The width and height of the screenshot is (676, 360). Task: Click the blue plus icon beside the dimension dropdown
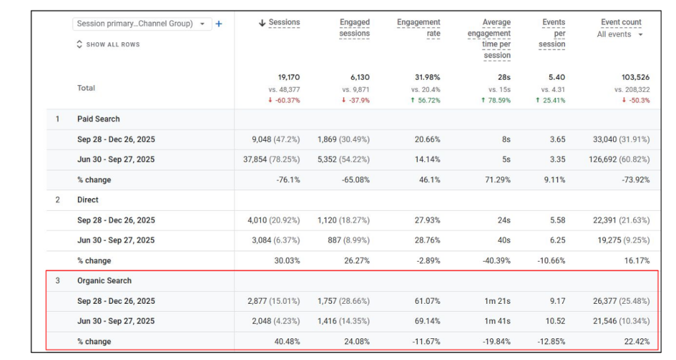[x=219, y=24]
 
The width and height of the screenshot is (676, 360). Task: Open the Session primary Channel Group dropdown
[x=142, y=24]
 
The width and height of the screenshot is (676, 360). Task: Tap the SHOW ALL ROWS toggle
[x=108, y=44]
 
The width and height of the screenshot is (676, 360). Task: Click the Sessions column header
[x=279, y=22]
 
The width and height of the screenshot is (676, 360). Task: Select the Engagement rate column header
[x=419, y=28]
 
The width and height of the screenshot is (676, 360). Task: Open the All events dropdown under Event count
[x=620, y=34]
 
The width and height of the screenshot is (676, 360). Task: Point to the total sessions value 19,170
[x=289, y=77]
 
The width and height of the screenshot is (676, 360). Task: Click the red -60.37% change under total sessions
[x=284, y=100]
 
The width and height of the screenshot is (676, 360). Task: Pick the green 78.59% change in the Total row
[x=496, y=100]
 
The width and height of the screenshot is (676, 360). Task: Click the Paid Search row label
[x=98, y=119]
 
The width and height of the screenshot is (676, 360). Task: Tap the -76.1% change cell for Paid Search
[x=288, y=180]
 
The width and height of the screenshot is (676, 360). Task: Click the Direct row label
[x=88, y=199]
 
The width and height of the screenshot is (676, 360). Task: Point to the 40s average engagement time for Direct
[x=504, y=240]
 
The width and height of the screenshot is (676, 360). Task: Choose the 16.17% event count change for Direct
[x=637, y=260]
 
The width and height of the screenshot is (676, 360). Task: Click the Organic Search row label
[x=104, y=281]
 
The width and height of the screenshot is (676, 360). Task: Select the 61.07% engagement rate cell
[x=427, y=301]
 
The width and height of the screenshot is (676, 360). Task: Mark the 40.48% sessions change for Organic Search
[x=287, y=342]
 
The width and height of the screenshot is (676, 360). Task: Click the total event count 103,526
[x=636, y=77]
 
